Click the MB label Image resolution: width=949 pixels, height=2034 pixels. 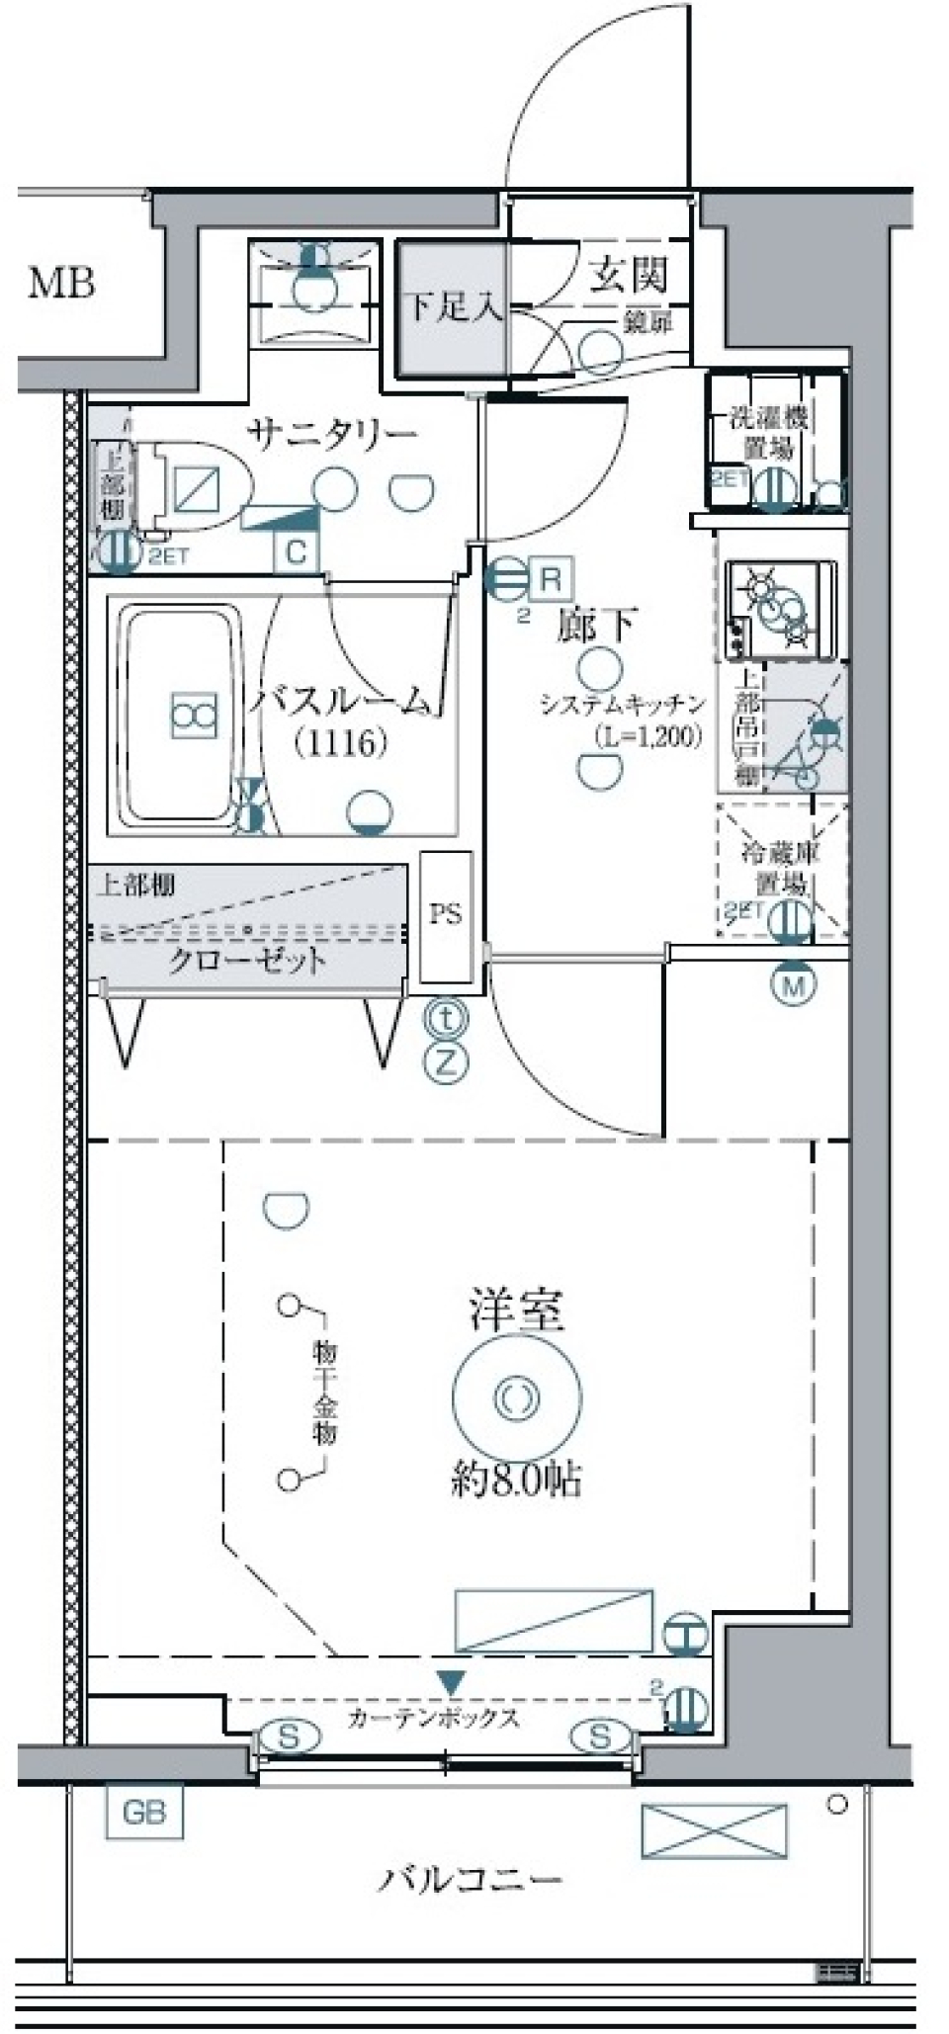pos(61,285)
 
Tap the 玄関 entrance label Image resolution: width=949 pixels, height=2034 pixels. pos(629,277)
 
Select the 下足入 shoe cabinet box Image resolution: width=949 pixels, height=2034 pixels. pos(453,307)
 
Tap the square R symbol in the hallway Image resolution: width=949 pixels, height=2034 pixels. pos(552,578)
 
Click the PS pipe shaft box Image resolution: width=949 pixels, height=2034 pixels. pos(445,915)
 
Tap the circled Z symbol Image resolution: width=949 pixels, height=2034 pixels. pos(447,1063)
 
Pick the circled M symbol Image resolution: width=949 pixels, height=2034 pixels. pos(795,984)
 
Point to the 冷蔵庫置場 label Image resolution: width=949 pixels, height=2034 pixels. pos(781,867)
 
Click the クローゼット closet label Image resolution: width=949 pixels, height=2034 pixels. pos(247,961)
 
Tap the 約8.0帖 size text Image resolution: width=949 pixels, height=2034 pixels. pos(516,1480)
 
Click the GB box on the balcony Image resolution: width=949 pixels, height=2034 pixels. pos(144,1813)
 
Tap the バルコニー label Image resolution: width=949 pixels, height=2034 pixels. pos(469,1879)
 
